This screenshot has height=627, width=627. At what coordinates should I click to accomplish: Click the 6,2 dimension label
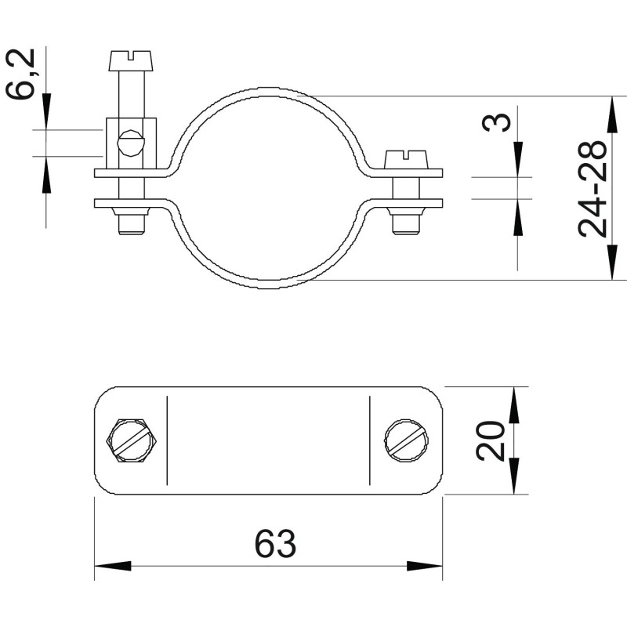[x=21, y=74]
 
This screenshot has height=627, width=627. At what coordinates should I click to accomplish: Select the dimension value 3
[x=497, y=122]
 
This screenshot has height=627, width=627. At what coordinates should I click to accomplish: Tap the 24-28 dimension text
[x=593, y=189]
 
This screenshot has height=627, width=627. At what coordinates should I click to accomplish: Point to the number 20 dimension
[x=491, y=440]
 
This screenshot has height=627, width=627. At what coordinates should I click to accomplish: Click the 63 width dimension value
[x=276, y=543]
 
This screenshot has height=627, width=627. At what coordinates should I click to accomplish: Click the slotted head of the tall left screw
[x=130, y=61]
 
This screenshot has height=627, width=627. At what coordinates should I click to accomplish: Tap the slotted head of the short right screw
[x=406, y=160]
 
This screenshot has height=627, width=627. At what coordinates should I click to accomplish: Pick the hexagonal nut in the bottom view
[x=132, y=440]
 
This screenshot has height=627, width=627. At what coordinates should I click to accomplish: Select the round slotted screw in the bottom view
[x=407, y=440]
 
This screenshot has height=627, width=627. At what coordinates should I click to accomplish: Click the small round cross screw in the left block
[x=130, y=143]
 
